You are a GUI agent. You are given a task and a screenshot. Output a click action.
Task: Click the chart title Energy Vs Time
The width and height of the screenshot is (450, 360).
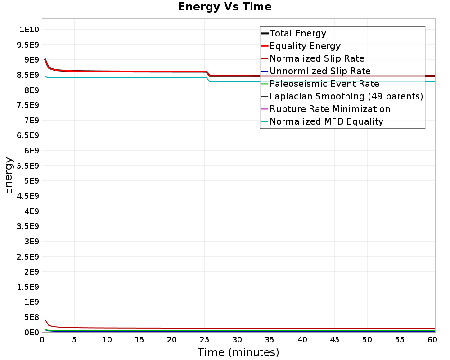tap(225, 7)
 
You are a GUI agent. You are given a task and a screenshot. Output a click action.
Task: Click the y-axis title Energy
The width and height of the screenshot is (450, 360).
tap(8, 175)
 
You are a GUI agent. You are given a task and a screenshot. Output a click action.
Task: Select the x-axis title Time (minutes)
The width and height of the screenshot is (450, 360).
tap(238, 352)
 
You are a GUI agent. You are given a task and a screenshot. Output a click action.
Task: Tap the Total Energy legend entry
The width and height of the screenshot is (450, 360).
tap(297, 33)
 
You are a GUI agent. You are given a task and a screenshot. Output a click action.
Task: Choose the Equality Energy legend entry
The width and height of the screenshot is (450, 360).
tap(305, 46)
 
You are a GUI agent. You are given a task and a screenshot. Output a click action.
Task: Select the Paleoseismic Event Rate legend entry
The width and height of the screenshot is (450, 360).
tap(324, 84)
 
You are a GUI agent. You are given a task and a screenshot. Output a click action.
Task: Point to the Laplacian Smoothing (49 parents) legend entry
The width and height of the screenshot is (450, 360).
tap(346, 96)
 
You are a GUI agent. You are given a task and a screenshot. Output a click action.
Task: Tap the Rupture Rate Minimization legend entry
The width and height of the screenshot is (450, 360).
tap(330, 109)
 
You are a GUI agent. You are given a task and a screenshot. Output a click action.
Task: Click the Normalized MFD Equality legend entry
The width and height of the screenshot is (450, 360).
tap(326, 121)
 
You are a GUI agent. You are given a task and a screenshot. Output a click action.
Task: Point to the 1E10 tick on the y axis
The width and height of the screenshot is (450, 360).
tap(29, 30)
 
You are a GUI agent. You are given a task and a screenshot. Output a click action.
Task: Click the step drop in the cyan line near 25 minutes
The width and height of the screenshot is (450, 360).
tap(208, 80)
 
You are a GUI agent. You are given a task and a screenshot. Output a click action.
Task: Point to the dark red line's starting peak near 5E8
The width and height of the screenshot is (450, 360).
tap(45, 320)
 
